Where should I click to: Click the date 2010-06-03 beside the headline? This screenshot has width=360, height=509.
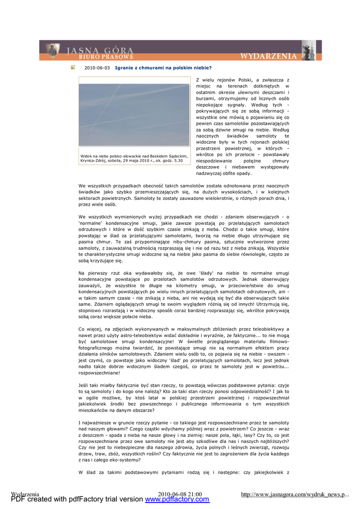(x=97, y=68)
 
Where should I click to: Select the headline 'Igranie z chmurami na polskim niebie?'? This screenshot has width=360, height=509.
(x=163, y=68)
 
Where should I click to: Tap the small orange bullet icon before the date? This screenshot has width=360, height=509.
(x=73, y=68)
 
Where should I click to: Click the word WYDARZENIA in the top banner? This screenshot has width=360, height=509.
(x=269, y=56)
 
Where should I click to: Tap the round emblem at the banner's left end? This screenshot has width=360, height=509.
(x=52, y=50)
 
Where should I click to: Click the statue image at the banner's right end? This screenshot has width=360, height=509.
(x=308, y=50)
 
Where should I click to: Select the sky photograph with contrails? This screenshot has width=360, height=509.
(x=134, y=114)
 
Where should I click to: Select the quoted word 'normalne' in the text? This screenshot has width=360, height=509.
(x=90, y=223)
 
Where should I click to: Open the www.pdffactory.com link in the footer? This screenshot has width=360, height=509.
(x=177, y=499)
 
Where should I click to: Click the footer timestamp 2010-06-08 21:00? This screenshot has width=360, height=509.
(x=180, y=494)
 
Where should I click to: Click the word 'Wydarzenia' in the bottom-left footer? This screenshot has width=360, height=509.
(x=25, y=494)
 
